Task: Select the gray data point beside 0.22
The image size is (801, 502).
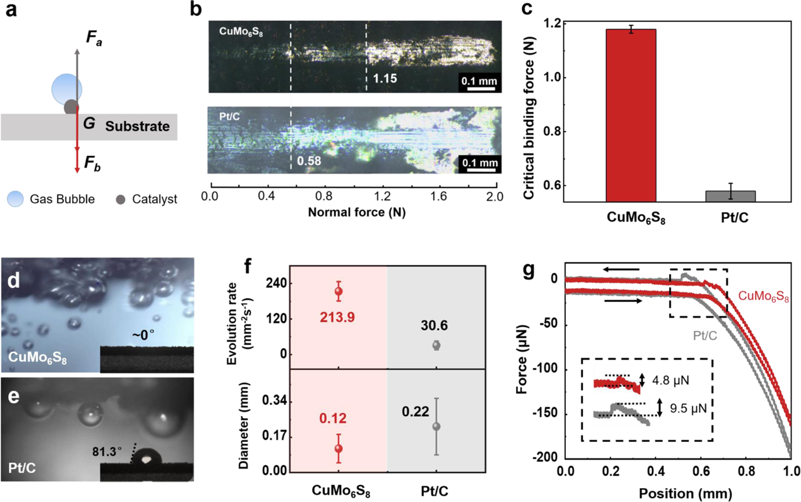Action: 436,426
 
